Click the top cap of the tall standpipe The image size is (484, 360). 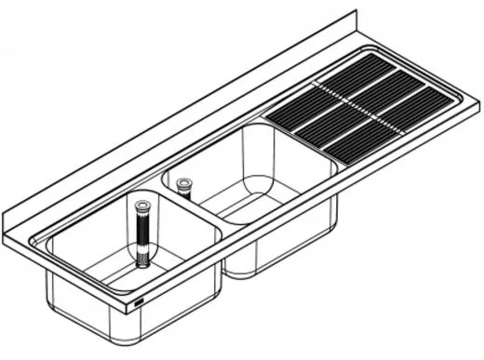144,202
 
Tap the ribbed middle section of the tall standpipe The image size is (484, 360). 143,233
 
